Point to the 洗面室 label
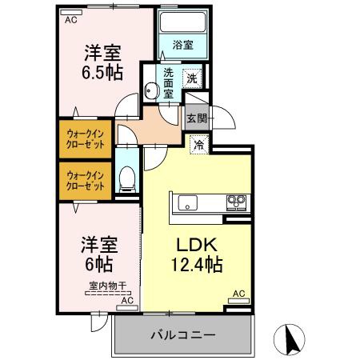click(x=169, y=82)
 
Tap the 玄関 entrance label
click(x=197, y=118)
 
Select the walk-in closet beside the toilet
click(x=85, y=180)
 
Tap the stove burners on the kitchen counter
click(x=236, y=201)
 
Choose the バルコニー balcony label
click(x=182, y=335)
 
